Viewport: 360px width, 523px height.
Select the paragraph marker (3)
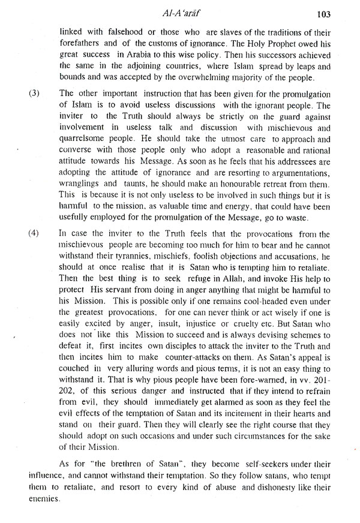pos(35,93)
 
